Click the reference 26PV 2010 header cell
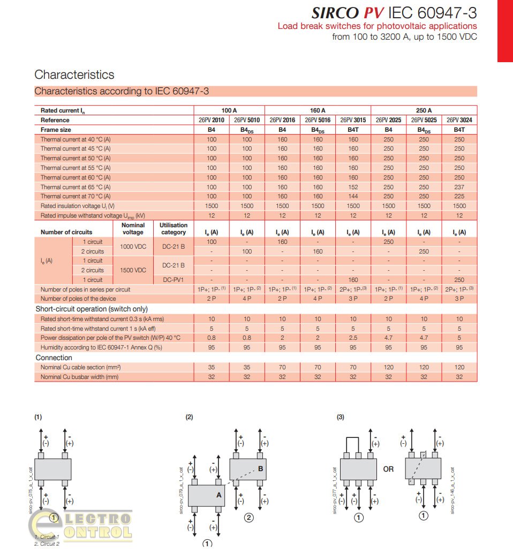tap(212, 120)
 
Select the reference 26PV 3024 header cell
tap(459, 120)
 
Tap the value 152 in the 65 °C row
tap(353, 187)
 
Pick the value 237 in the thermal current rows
tap(459, 187)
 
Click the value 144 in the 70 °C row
tap(353, 196)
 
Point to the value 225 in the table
tap(459, 196)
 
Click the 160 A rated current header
tap(318, 110)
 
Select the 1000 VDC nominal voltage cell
tap(133, 247)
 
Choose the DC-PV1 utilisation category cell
tap(173, 280)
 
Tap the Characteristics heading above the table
tap(74, 75)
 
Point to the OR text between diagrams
tap(388, 469)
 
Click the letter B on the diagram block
tap(260, 468)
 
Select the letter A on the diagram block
tap(218, 495)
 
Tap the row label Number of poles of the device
tap(77, 299)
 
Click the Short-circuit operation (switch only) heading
tap(91, 309)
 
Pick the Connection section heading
tap(54, 358)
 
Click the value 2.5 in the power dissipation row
tap(353, 338)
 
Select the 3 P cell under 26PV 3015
tap(353, 299)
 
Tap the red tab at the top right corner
tap(505, 31)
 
